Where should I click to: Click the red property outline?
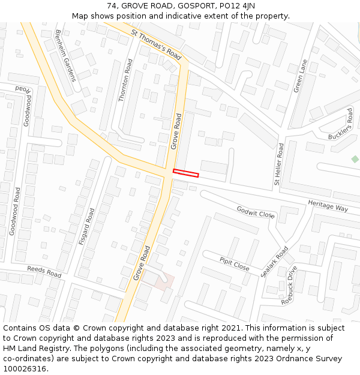pos(185,173)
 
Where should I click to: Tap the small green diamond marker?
pos(355,159)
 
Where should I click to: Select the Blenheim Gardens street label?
pos(66,56)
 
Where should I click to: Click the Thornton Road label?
pos(125,80)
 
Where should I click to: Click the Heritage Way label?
pos(328,206)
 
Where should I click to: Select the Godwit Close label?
pos(256,212)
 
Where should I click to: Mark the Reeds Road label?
pos(44,272)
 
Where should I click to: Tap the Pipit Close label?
pos(234,262)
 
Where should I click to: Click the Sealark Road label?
pos(274,261)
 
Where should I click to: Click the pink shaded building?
pos(164,280)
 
